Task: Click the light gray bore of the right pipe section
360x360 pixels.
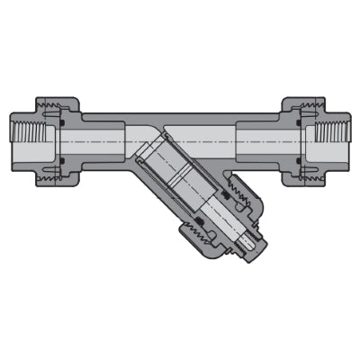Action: point(261,142)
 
